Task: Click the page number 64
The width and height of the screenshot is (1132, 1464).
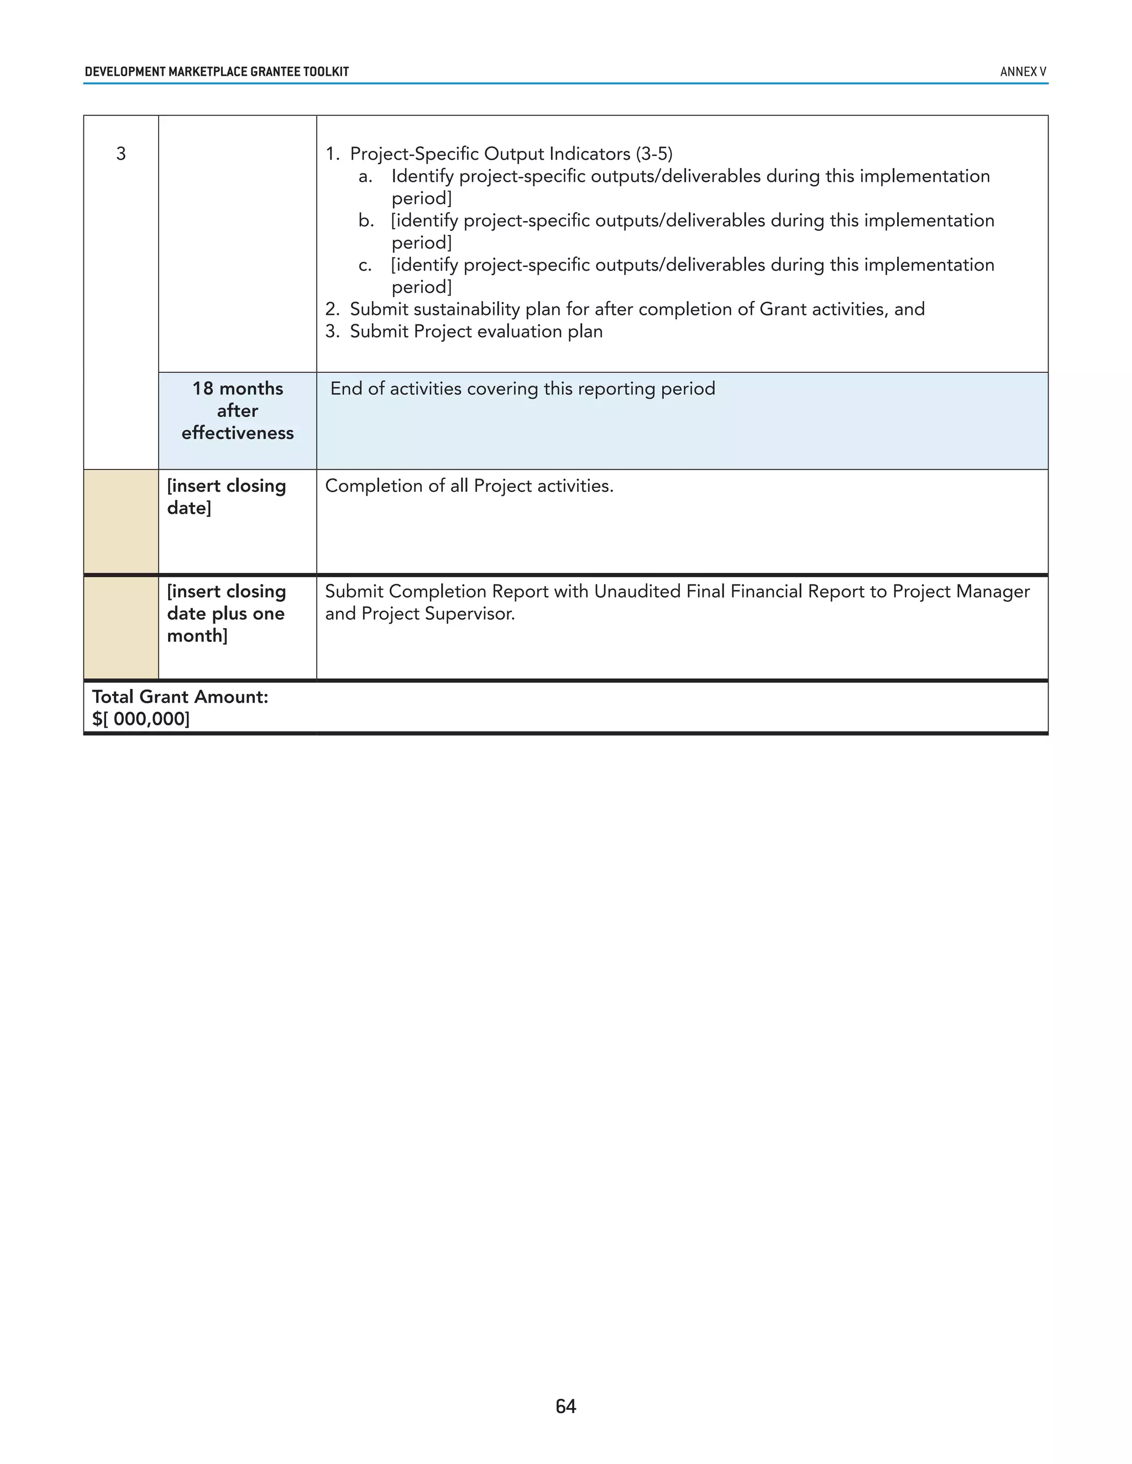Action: point(565,1405)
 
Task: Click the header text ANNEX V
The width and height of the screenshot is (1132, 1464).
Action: point(1022,72)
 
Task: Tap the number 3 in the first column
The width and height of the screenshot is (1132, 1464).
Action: point(120,154)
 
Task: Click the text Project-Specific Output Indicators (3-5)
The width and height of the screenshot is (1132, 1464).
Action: point(511,154)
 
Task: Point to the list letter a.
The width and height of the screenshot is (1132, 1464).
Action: point(365,176)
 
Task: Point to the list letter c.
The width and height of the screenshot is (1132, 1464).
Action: point(365,265)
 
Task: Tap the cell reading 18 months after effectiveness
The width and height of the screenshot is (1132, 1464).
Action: point(237,411)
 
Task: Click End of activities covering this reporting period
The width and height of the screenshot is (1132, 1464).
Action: point(522,389)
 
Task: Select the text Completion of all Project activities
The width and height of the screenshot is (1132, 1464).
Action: point(469,486)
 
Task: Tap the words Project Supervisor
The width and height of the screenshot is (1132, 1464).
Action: point(437,614)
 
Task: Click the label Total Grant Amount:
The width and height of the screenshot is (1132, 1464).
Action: point(180,697)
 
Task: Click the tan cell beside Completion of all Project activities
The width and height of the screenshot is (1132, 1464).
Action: point(120,522)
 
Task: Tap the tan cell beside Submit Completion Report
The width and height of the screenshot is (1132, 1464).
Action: point(120,628)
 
